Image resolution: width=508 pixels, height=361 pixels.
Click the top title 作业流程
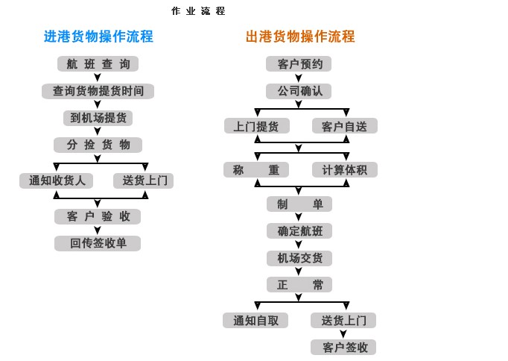198,11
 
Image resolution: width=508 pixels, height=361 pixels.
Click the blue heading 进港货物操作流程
98,37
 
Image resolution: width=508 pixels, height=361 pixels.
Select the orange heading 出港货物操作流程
300,37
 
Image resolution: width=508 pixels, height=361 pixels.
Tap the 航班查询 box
98,64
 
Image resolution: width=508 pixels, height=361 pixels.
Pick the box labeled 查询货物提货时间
98,91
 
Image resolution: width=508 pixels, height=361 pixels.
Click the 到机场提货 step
98,118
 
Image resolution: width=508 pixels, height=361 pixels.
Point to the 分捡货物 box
98,145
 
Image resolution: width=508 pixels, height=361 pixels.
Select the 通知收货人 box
57,180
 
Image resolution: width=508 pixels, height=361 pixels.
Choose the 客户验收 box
98,216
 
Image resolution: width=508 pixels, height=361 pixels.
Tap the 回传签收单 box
98,243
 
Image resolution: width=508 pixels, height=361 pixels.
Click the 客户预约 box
299,64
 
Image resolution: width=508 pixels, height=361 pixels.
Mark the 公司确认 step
299,91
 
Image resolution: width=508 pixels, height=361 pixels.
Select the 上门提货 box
256,126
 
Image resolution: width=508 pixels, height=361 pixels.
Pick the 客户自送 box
344,126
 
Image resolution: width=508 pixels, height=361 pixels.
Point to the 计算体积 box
344,170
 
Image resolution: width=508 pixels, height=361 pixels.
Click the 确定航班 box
299,231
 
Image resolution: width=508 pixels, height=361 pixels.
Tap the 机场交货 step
299,258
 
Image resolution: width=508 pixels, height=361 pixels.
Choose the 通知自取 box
255,321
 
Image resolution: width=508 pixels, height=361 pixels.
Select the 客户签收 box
343,348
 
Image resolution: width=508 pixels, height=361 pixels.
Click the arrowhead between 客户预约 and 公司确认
299,78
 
